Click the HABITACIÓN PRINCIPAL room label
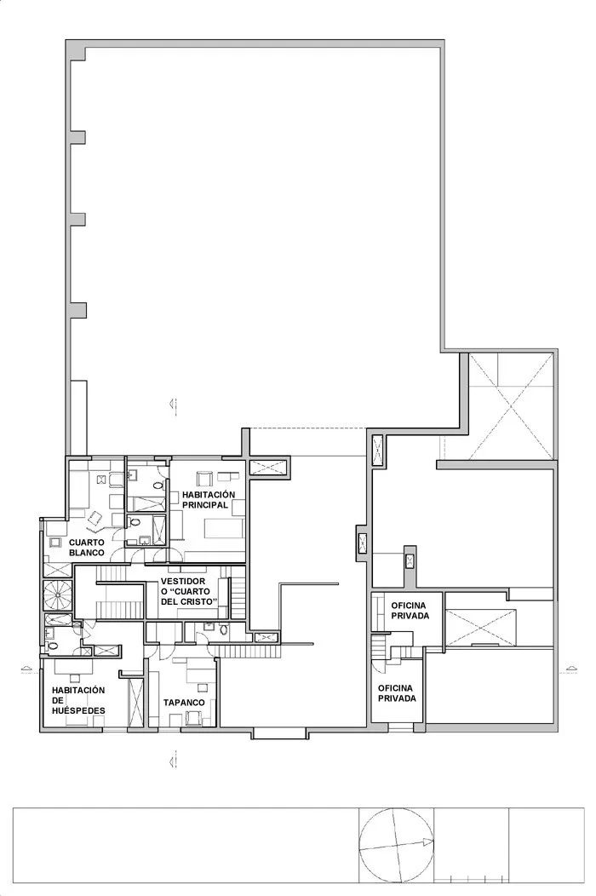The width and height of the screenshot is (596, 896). tap(205, 499)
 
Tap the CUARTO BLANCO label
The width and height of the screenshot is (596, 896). tap(87, 548)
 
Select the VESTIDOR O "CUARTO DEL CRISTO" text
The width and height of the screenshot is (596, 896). tap(188, 592)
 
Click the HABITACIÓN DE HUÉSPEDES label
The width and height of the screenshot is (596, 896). tap(77, 699)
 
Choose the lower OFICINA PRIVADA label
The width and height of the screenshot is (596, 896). tap(397, 692)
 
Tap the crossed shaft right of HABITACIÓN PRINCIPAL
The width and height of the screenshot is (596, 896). tap(266, 466)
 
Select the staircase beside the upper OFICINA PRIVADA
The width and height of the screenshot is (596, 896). tap(395, 651)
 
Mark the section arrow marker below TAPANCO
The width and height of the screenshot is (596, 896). tap(172, 756)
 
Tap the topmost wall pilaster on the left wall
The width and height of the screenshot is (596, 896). tap(77, 54)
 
